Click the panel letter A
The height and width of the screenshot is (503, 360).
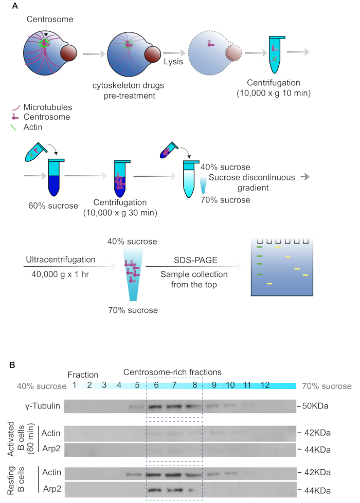13,6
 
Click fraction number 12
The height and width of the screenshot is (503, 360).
265,385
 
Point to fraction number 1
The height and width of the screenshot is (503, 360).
75,385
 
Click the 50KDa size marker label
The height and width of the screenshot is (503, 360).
315,406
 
